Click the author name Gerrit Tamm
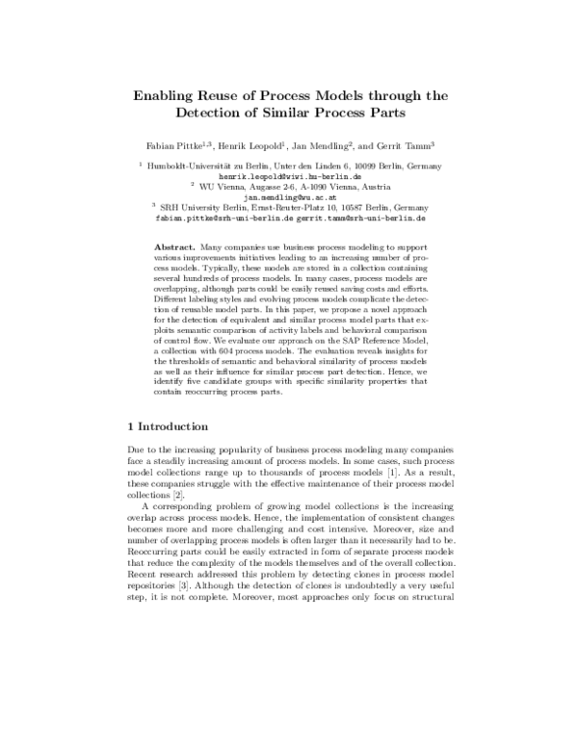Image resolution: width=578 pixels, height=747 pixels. (402, 146)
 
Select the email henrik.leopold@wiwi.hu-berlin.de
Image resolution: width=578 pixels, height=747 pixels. (289, 177)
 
